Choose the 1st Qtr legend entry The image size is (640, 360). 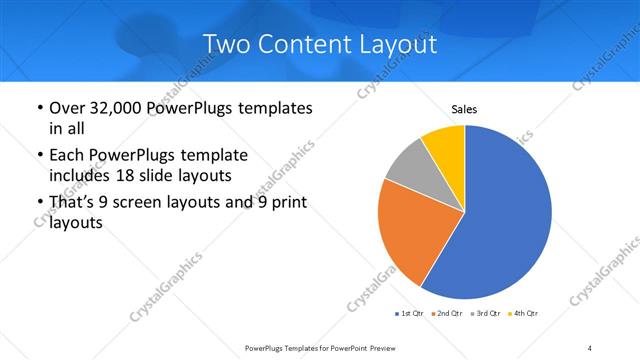coord(410,313)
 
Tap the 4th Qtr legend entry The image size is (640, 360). coord(524,313)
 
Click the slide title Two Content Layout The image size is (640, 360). coord(320,44)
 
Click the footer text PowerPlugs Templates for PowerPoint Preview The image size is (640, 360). coord(319,347)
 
